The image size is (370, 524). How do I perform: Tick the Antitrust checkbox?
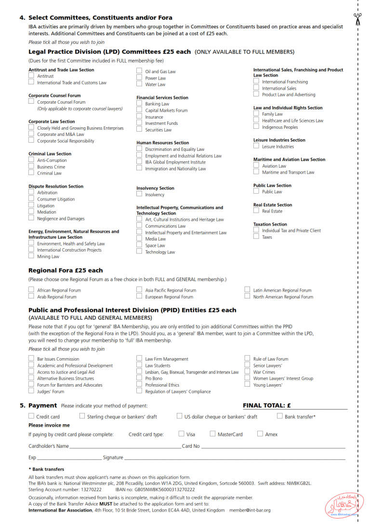(x=31, y=76)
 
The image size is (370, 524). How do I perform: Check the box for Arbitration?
(x=31, y=192)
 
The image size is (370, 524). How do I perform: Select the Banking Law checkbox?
(x=139, y=104)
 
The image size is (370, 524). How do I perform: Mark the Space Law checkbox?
(x=139, y=245)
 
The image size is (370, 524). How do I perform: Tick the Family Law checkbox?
(x=256, y=114)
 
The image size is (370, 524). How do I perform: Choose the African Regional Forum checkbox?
(x=31, y=290)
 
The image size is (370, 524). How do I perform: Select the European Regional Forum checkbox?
(x=139, y=297)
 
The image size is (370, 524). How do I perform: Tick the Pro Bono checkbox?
(x=139, y=378)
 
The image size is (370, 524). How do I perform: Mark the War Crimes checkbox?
(x=247, y=372)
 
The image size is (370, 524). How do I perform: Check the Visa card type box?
(x=182, y=434)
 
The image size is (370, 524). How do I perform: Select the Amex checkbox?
(x=260, y=434)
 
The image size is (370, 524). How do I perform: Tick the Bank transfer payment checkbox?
(x=280, y=416)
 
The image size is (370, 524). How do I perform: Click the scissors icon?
(x=357, y=19)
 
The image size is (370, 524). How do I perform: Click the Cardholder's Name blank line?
(x=125, y=447)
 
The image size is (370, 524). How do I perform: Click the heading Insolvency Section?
(x=155, y=188)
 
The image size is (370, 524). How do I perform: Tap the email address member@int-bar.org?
(x=250, y=510)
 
